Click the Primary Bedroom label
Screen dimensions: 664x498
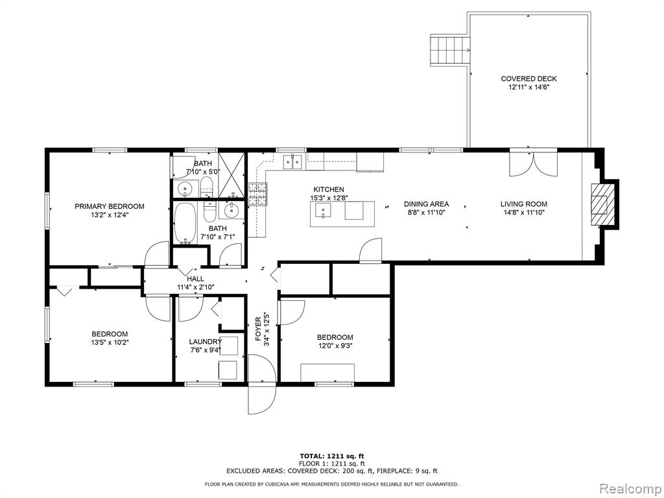109,207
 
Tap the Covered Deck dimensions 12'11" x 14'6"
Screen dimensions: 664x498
528,88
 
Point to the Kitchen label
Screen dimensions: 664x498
329,190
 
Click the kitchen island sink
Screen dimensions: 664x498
324,209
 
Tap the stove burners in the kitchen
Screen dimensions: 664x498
258,194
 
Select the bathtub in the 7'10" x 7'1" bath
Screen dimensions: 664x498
185,223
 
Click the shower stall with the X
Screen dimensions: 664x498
232,175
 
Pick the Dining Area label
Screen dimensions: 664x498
426,204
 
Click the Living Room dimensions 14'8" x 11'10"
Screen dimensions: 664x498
523,213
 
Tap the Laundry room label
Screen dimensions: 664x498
206,342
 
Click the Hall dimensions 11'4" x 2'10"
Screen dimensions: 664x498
196,287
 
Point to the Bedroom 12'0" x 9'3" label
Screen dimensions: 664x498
335,337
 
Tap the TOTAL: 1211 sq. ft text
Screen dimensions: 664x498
332,456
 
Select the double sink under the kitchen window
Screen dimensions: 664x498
292,161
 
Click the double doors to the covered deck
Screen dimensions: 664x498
534,163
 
